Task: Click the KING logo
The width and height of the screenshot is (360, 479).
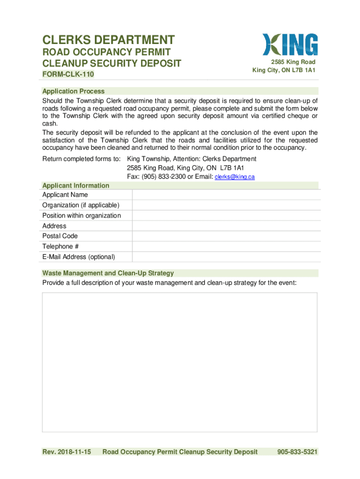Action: [x=290, y=44]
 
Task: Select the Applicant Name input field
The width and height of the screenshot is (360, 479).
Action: [x=226, y=195]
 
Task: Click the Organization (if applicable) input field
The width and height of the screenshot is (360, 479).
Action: [x=226, y=205]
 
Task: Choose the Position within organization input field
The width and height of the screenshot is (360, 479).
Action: [x=226, y=215]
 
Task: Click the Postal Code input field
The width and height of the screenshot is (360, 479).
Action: [x=226, y=236]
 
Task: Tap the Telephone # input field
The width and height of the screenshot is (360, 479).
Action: [x=226, y=246]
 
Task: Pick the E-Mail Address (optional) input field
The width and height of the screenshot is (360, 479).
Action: [x=226, y=256]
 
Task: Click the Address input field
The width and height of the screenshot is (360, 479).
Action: [x=226, y=225]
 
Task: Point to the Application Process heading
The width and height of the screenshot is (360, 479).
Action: [x=73, y=91]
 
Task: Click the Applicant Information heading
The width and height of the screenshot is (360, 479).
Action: [x=76, y=185]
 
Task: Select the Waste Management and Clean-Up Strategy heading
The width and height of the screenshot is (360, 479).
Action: [x=108, y=273]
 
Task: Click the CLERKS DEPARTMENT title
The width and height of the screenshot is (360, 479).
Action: [x=108, y=40]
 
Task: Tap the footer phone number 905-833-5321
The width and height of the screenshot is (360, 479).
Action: [x=297, y=451]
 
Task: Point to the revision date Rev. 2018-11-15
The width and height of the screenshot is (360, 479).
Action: [x=66, y=451]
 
